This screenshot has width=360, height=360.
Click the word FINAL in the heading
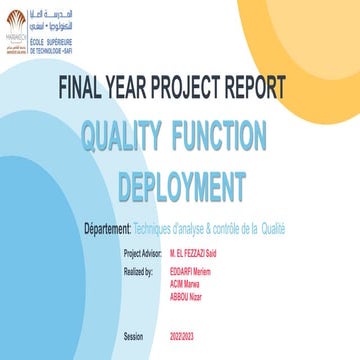click(x=89, y=87)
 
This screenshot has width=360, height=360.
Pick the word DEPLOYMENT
click(x=181, y=185)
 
